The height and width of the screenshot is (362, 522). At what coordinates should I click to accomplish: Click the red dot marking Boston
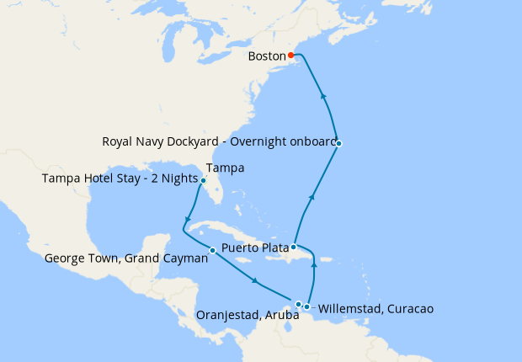(x=291, y=56)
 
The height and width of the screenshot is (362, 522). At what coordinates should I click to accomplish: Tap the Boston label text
(x=267, y=56)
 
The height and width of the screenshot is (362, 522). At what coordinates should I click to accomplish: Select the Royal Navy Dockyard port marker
(x=338, y=144)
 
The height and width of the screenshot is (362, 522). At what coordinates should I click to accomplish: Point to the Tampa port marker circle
(x=203, y=180)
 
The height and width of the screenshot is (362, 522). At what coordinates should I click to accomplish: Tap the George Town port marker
(x=212, y=250)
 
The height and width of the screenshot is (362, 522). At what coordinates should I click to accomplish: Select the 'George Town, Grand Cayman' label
(x=126, y=259)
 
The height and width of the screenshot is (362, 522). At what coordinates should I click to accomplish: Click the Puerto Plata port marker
(x=293, y=248)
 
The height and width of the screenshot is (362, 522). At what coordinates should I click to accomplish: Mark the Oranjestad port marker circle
(x=298, y=304)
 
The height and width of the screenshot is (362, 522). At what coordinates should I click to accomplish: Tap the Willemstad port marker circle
(x=307, y=306)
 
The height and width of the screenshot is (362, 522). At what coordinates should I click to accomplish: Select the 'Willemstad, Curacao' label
(x=376, y=309)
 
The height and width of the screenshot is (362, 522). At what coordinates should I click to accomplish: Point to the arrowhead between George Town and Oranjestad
(x=255, y=282)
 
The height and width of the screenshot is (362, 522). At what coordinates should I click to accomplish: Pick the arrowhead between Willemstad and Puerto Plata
(x=313, y=264)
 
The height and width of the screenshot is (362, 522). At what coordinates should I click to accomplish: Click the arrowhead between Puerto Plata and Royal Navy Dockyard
(x=312, y=197)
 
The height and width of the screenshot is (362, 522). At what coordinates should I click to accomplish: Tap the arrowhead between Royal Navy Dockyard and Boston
(x=324, y=96)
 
